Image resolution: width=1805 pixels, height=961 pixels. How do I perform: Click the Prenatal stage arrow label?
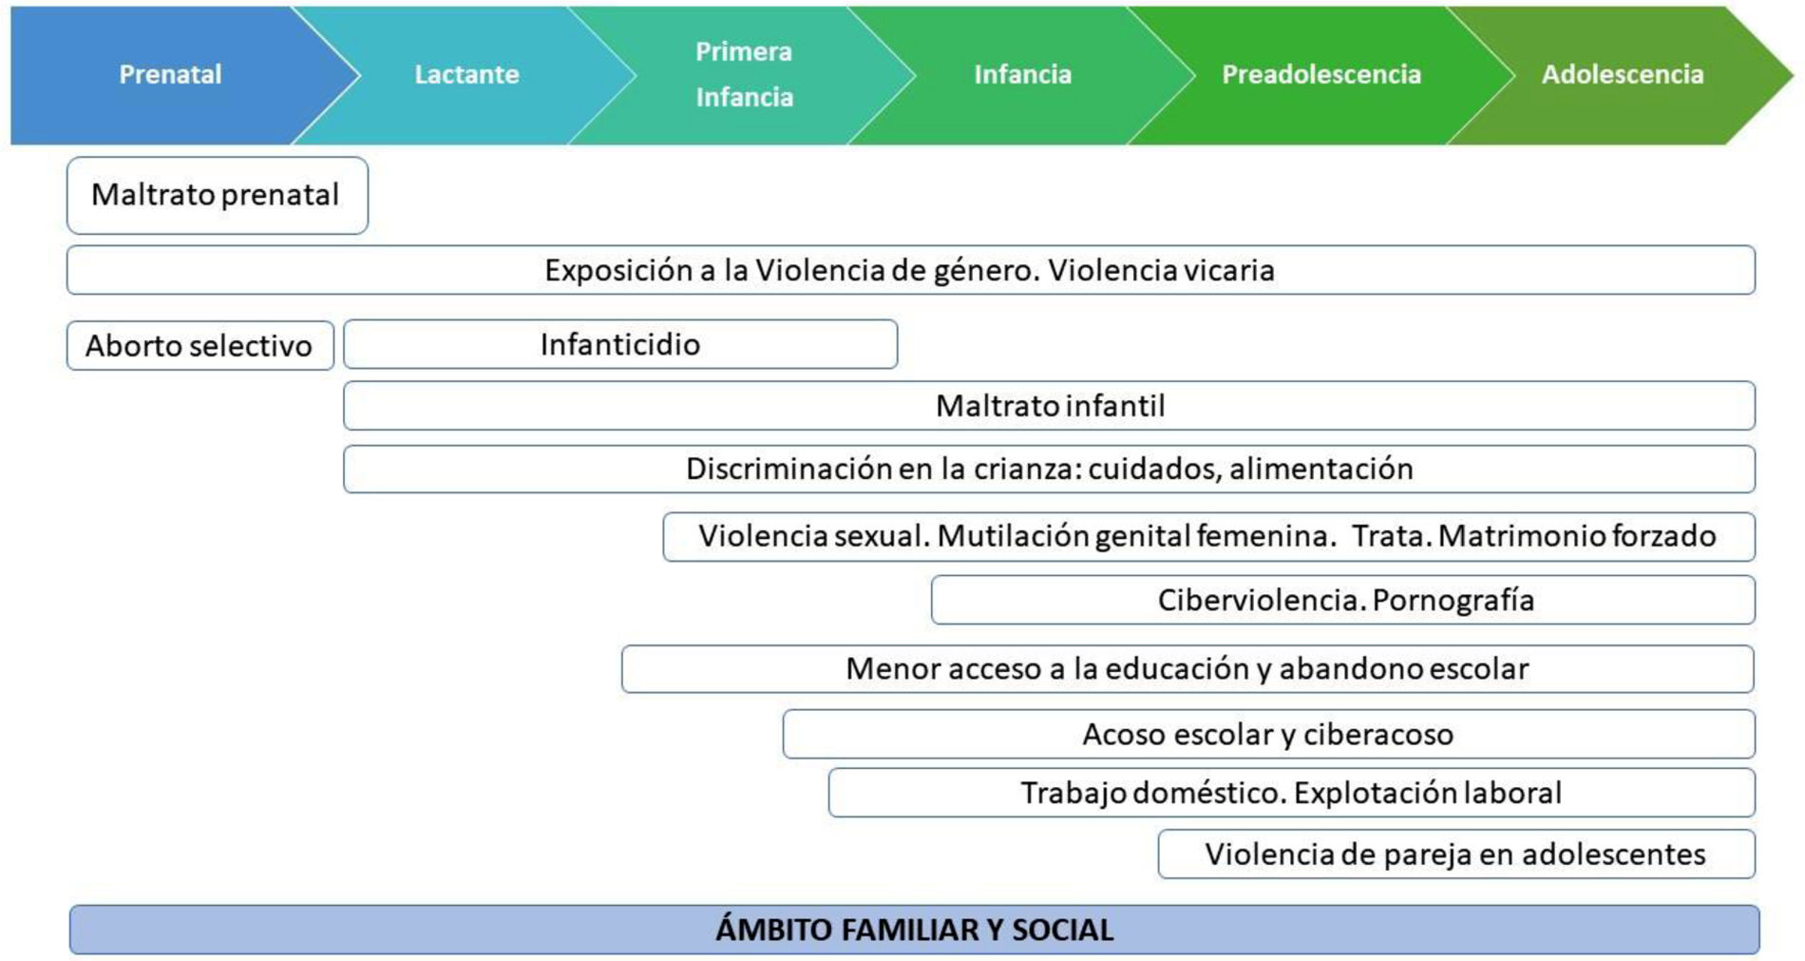click(170, 74)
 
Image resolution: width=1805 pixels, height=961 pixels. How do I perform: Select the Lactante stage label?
click(466, 74)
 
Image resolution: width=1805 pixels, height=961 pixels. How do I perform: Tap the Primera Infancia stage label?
click(744, 74)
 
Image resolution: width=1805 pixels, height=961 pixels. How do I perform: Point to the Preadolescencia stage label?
click(1320, 74)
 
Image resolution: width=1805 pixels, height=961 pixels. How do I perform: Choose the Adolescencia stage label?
click(1622, 74)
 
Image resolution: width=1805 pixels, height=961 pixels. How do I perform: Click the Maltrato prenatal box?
click(216, 195)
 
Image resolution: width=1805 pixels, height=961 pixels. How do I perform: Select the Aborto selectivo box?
click(199, 345)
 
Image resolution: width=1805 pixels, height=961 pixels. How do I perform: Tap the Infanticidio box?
click(619, 344)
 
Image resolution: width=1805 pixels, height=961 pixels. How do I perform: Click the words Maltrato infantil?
click(1050, 406)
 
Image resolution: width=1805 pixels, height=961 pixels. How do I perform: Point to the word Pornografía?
click(1453, 600)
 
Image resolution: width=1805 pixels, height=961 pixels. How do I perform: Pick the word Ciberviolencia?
click(1261, 600)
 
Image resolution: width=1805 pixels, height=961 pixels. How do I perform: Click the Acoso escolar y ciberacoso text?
click(1267, 734)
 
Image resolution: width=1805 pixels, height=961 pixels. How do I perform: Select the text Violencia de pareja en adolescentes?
click(1454, 854)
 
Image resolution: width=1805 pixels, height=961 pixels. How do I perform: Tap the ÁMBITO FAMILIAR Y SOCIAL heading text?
click(914, 929)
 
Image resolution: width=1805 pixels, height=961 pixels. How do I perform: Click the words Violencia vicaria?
click(1160, 270)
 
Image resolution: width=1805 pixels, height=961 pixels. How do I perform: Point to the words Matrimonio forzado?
click(1576, 536)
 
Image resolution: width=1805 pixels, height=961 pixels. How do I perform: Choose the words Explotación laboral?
click(1427, 793)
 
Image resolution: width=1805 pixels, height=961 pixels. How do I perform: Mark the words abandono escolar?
click(1403, 668)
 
